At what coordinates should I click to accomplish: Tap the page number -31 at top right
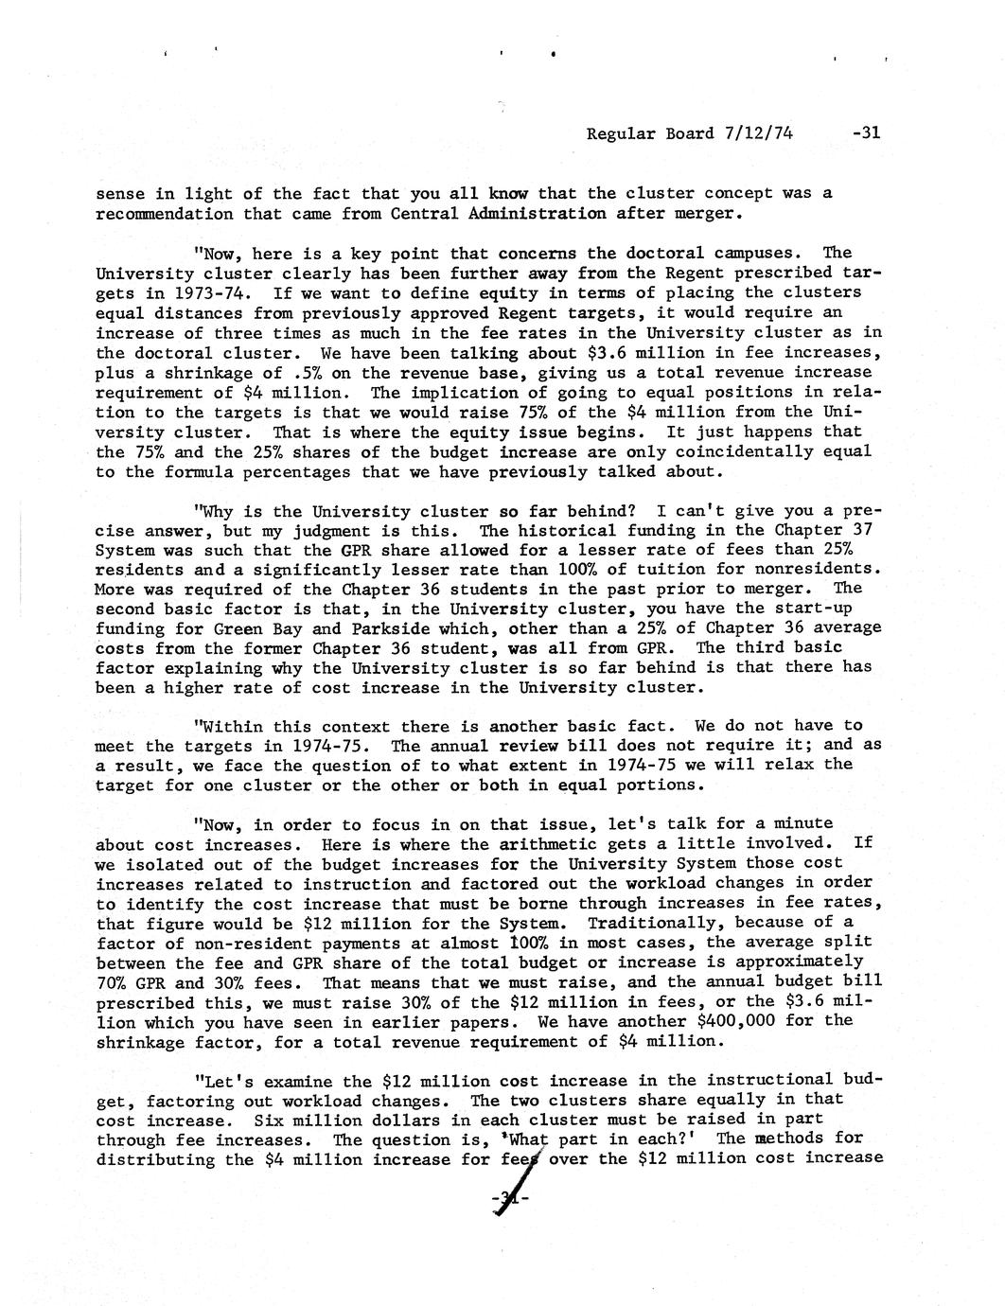pyautogui.click(x=866, y=133)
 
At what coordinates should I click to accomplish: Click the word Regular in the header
pyautogui.click(x=617, y=133)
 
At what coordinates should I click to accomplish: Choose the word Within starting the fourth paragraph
pyautogui.click(x=231, y=726)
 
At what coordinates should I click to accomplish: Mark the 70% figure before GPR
pyautogui.click(x=114, y=981)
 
